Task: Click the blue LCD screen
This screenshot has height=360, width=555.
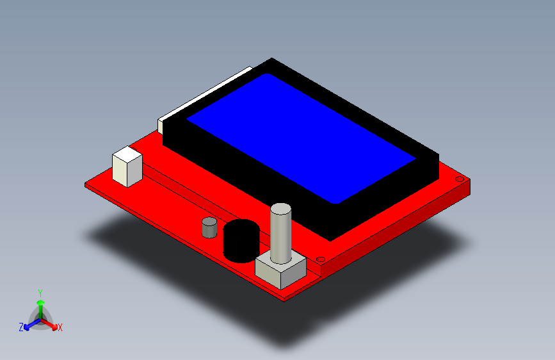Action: [301, 138]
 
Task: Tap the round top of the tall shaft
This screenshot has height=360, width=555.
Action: [280, 209]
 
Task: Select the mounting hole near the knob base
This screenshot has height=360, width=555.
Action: [321, 259]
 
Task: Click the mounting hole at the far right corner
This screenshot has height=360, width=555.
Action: [459, 179]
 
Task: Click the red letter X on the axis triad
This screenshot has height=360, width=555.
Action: [60, 328]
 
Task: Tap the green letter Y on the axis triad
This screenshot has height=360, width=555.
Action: [40, 292]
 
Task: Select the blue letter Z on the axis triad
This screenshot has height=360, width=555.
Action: [21, 327]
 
